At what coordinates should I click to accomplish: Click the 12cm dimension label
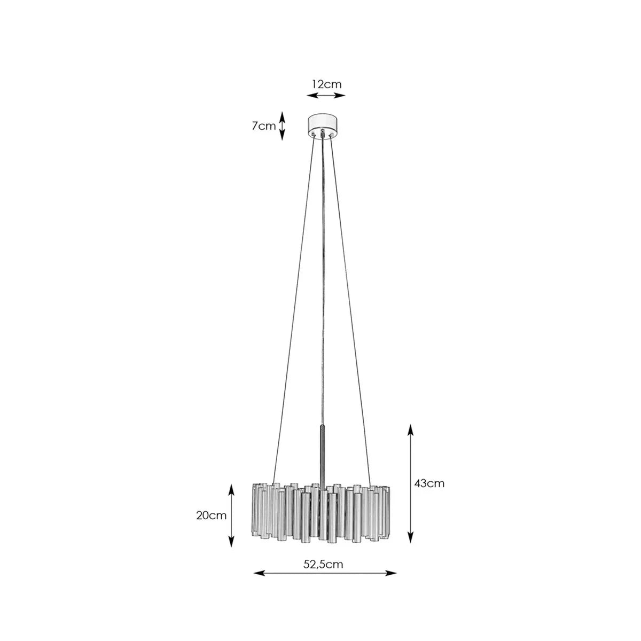pos(326,84)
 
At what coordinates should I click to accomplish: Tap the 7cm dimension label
pos(264,126)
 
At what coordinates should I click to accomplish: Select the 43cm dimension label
pos(429,483)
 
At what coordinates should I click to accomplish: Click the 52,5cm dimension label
pos(323,564)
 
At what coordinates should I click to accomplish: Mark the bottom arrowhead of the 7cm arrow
pos(282,135)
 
